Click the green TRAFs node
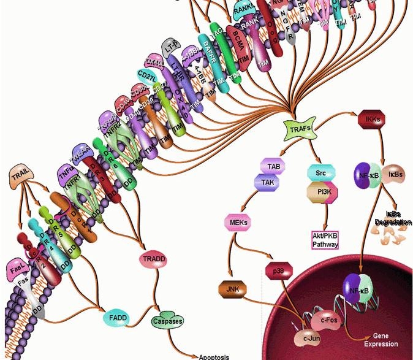pos(295,128)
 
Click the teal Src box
pos(320,174)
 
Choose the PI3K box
pos(321,193)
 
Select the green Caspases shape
pos(167,321)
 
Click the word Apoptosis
pos(214,356)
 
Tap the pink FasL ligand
pos(18,268)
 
